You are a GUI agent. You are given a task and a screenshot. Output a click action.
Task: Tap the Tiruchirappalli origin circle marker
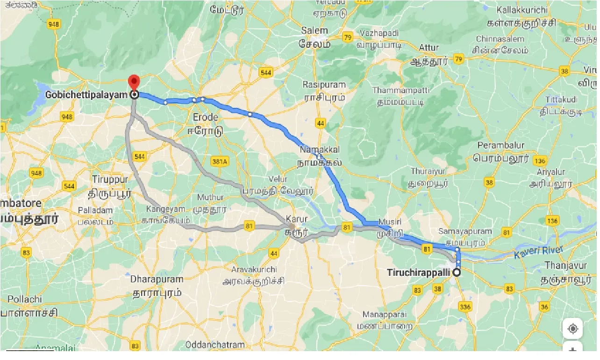457,272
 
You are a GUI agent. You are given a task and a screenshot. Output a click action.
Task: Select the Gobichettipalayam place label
86,95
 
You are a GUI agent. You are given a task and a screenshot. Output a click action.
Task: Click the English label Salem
314,31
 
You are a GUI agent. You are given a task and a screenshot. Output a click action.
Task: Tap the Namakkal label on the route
320,150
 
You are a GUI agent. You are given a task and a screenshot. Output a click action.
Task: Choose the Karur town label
297,219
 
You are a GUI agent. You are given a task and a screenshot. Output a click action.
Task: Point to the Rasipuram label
324,85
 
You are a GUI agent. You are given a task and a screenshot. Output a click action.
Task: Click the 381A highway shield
219,161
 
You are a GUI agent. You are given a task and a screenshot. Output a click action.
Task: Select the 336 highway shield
465,307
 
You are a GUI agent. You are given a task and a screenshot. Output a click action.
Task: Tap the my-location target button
572,329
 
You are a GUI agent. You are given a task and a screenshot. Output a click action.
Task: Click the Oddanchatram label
215,345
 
